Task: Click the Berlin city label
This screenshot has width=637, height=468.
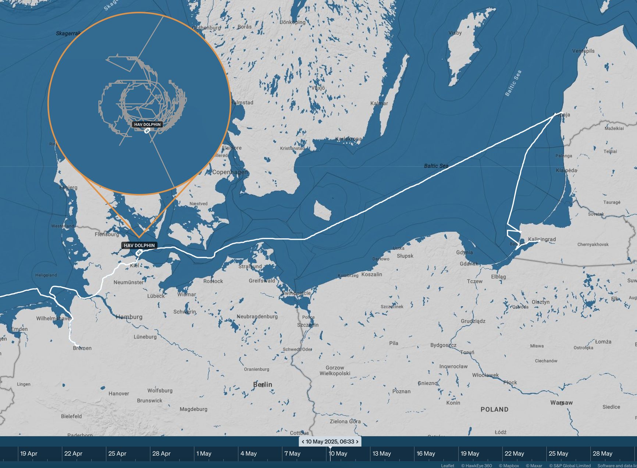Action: [x=263, y=385]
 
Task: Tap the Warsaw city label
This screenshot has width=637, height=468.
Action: [x=561, y=403]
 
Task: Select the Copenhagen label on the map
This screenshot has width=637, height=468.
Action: [x=230, y=172]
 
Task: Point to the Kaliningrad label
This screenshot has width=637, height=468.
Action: [x=542, y=239]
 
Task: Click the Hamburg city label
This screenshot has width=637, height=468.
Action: [x=129, y=317]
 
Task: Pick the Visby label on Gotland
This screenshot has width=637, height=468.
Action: [x=455, y=33]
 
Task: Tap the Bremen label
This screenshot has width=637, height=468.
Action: [x=82, y=348]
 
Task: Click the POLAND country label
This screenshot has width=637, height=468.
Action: [x=494, y=409]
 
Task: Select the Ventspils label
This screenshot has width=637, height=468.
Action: [x=583, y=51]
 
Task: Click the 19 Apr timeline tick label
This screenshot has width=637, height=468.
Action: [x=29, y=454]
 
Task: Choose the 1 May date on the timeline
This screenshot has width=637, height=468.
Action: [x=204, y=454]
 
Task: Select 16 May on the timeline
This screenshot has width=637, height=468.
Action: [x=426, y=454]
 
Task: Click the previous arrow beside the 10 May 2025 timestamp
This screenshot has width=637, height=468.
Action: [x=303, y=442]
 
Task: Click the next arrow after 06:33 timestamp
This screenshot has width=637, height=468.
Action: [x=357, y=442]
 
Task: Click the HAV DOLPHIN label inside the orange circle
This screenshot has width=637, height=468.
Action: [x=147, y=125]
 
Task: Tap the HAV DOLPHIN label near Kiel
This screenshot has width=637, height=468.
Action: [x=139, y=245]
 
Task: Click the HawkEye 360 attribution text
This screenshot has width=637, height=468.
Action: [x=476, y=465]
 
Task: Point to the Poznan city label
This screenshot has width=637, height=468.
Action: [x=401, y=391]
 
